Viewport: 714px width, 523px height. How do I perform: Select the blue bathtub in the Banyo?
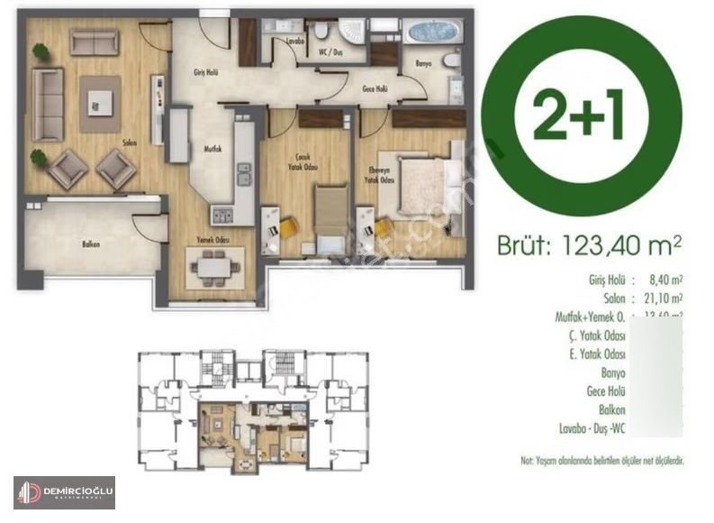coord(432,32)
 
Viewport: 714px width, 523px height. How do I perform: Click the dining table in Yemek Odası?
coord(213,267)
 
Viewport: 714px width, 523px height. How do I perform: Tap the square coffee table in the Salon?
coord(99,99)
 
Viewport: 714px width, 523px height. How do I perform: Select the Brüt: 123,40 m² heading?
coord(589,243)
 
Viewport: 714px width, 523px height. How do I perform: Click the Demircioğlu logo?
coord(64,492)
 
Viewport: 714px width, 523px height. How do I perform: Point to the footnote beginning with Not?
coord(602,460)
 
